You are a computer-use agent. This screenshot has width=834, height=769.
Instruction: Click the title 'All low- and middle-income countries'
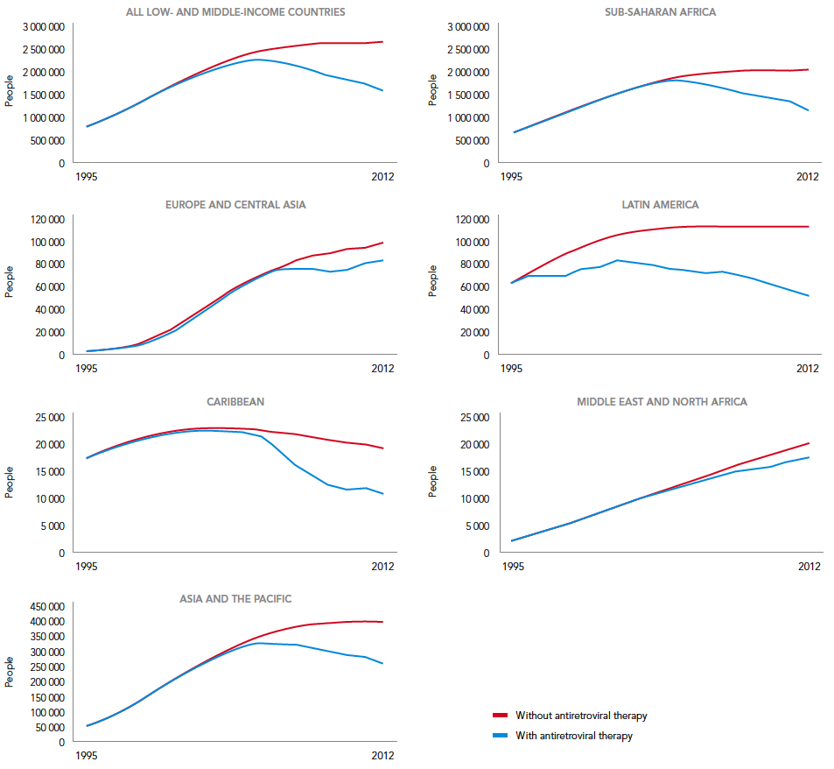pos(235,12)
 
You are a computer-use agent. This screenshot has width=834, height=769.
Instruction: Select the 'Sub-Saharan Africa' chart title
pos(661,12)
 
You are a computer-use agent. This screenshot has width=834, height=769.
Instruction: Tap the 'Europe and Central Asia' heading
pos(235,205)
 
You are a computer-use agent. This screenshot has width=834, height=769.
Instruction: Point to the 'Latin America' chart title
pos(661,205)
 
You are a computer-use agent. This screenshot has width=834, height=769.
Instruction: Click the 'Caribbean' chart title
pos(235,402)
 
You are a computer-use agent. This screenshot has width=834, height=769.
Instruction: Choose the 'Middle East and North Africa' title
pos(662,402)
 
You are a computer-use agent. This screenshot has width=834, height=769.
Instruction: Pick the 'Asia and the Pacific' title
pos(235,599)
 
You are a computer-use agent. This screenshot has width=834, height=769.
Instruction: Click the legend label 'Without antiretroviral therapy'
pos(581,716)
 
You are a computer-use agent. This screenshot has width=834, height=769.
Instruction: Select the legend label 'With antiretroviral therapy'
pos(574,736)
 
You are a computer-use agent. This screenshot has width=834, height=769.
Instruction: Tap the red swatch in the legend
pos(500,716)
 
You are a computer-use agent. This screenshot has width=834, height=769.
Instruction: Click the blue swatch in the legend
pos(500,736)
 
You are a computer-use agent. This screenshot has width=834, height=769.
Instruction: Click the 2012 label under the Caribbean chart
pos(382,567)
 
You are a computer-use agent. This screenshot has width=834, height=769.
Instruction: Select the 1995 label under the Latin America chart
pos(512,369)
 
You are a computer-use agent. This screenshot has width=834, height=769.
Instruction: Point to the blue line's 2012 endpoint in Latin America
pos(808,296)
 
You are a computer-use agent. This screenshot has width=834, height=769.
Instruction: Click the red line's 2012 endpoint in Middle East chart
pos(808,443)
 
